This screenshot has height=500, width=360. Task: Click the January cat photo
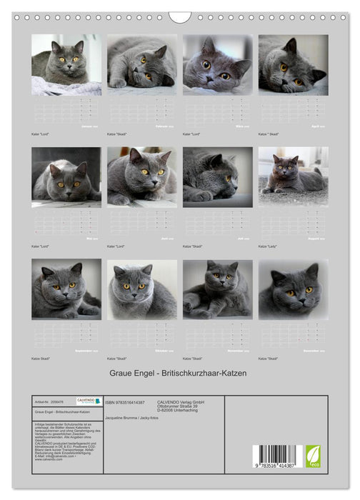coord(66,65)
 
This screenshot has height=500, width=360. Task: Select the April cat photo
coord(294,65)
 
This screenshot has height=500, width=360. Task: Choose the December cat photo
coord(294,289)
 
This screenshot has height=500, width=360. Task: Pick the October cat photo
coord(142,289)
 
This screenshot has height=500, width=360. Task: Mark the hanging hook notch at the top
coord(180,16)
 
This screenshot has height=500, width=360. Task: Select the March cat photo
coord(218,65)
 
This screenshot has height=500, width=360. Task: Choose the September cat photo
coord(66,289)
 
